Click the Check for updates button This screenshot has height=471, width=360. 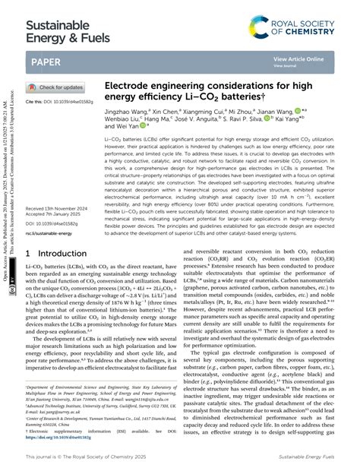[57, 87]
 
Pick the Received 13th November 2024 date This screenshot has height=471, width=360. [62, 207]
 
